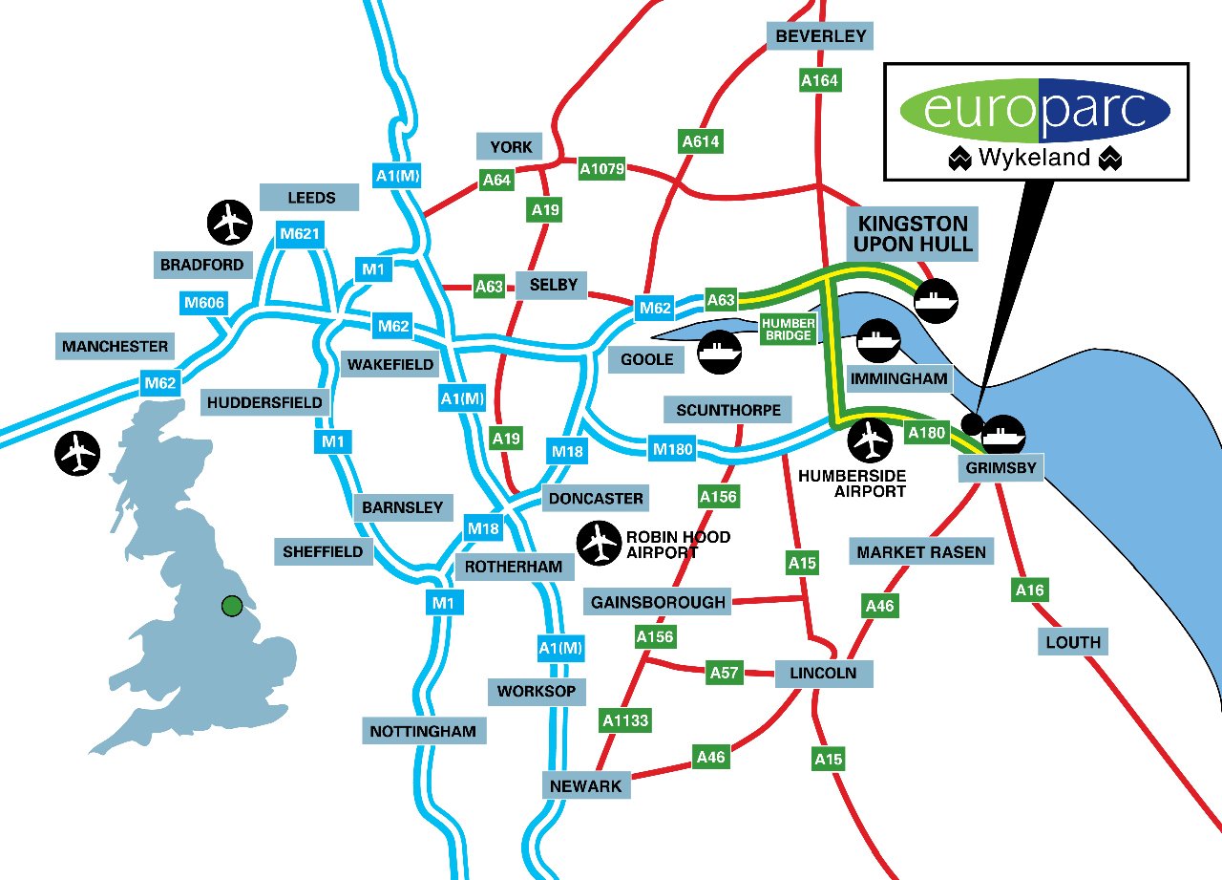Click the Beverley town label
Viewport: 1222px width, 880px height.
[820, 36]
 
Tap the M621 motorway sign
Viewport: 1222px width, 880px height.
[298, 234]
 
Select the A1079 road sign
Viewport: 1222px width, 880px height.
[602, 169]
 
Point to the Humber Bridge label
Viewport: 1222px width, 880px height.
[789, 330]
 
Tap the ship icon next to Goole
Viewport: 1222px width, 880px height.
[718, 352]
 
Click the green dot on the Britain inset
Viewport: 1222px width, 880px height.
[231, 605]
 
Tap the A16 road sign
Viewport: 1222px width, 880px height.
[1029, 590]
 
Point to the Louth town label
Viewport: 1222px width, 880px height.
[1073, 642]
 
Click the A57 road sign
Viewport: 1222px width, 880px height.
[725, 673]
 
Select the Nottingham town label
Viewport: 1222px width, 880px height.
[423, 732]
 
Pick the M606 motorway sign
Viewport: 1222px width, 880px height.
[204, 304]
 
